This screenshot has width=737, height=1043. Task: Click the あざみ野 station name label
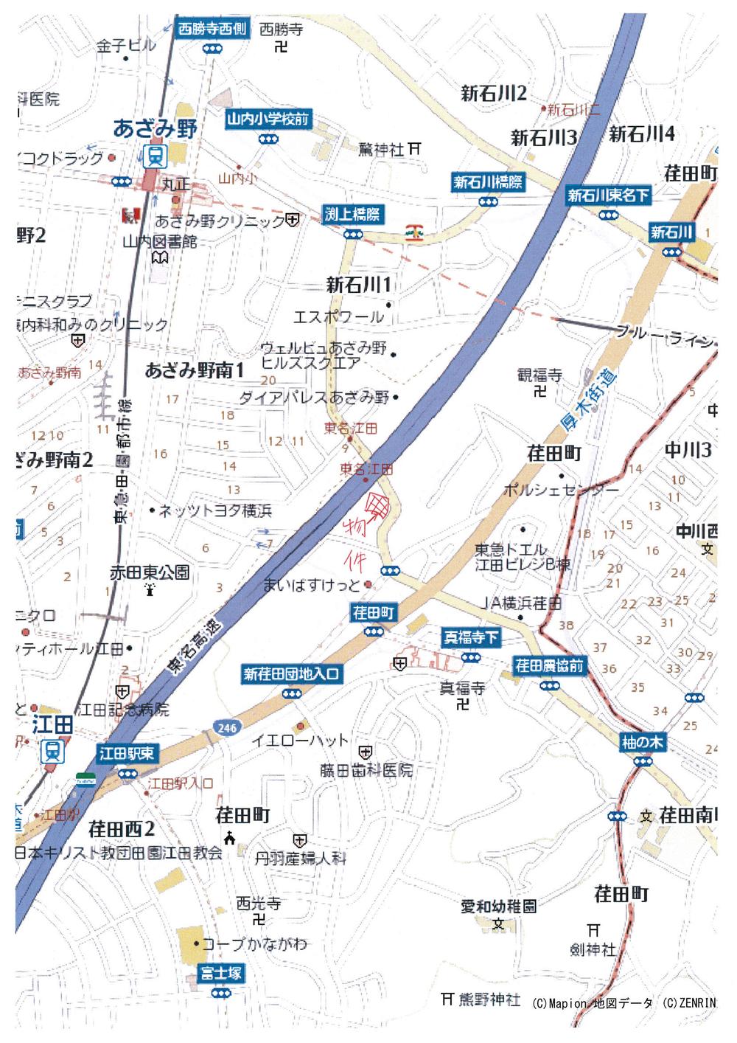[156, 128]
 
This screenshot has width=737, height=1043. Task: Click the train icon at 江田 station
[52, 750]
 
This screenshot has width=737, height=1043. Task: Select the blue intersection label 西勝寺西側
[212, 30]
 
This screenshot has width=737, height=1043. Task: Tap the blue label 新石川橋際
[487, 181]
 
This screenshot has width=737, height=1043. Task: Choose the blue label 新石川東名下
[609, 195]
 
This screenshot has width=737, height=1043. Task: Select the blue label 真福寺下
[471, 637]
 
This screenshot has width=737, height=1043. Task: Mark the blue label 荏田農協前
[549, 666]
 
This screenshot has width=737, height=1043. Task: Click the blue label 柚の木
[643, 743]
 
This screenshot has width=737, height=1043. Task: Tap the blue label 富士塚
[220, 974]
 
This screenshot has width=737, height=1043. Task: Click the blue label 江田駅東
[127, 753]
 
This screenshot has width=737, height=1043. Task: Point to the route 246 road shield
[227, 728]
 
